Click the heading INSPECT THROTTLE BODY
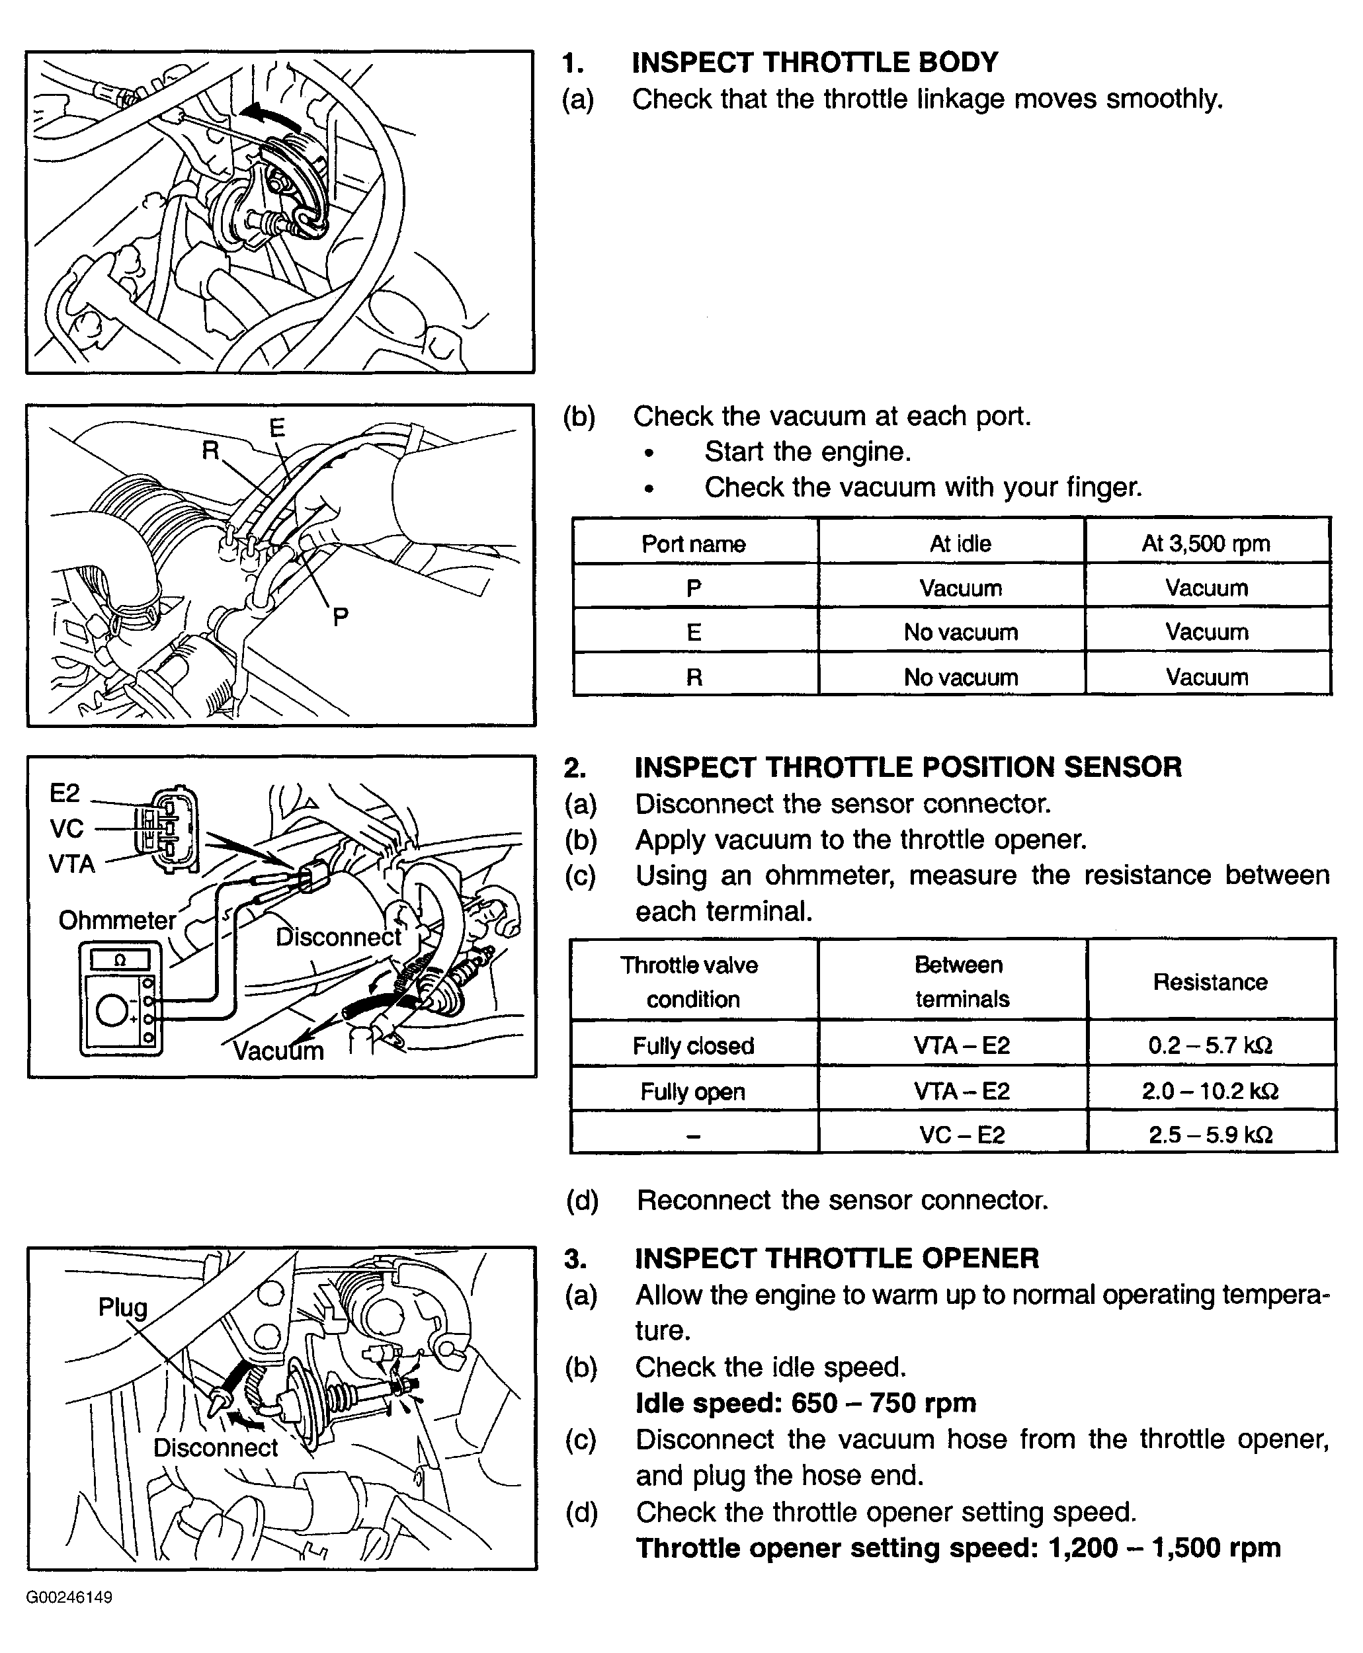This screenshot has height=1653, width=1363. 814,62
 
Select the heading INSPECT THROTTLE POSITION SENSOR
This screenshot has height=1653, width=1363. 907,767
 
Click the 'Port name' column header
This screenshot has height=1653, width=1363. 693,543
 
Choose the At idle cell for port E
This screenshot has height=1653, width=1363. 960,632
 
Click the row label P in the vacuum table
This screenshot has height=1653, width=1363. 693,588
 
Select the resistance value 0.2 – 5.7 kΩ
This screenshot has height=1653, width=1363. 1210,1045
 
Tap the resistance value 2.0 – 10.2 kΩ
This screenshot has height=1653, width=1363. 1210,1091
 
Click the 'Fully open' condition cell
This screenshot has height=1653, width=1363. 692,1091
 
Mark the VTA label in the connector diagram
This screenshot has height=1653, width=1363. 71,864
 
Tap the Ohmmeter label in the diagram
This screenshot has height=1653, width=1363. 117,920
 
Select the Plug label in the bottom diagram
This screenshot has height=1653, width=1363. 122,1307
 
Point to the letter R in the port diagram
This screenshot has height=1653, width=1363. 210,450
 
